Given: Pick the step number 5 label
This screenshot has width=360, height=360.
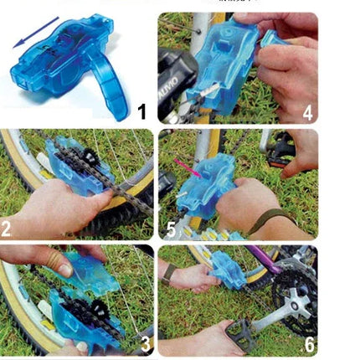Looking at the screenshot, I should (172, 228).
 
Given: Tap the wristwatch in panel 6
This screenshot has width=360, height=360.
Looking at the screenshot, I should (168, 271).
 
